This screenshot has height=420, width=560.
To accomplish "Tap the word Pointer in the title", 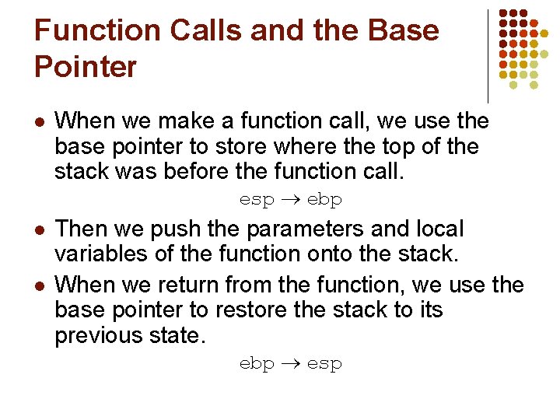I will pos(86,67).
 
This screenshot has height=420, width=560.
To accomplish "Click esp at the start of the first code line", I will pos(257,200).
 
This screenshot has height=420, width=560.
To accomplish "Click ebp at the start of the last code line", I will pos(257,364).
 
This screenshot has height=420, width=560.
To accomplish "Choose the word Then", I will pos(83,229).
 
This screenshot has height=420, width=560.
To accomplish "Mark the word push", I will pos(190,229).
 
